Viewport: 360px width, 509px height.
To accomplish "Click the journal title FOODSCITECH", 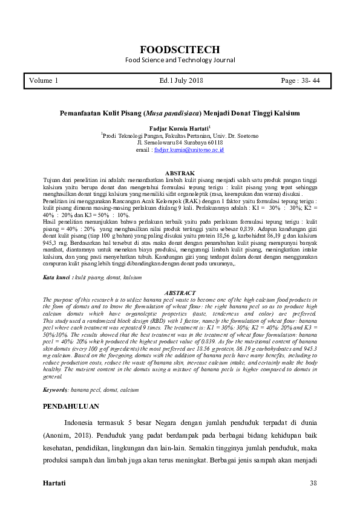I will pos(180,50).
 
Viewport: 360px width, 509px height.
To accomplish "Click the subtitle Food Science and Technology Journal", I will pos(180,60).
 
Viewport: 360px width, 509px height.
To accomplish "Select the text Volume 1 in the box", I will pos(44,80).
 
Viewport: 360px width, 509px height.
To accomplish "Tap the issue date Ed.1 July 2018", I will pos(181,80).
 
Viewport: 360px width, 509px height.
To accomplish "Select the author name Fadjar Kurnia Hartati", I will pos(178,129).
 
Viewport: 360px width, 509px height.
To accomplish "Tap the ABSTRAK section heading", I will pos(180,173).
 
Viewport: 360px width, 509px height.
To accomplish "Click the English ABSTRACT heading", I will pos(180,293).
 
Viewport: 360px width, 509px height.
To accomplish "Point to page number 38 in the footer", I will pos(313,483).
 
